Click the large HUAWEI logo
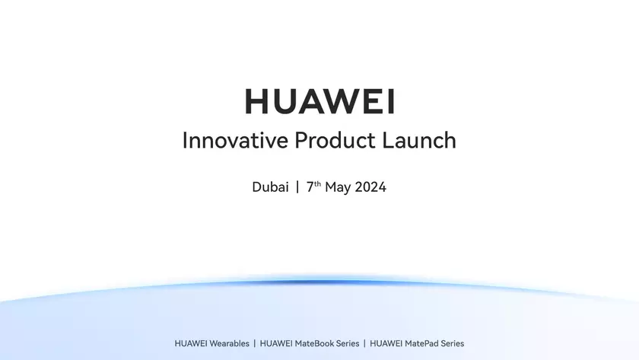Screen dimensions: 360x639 [319, 101]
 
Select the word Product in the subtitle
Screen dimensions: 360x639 [333, 142]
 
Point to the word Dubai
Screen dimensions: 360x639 [270, 187]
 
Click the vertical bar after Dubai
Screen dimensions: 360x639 [297, 187]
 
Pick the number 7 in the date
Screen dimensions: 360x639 [310, 187]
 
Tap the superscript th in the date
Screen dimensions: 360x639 [318, 184]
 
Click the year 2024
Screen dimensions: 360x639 [370, 187]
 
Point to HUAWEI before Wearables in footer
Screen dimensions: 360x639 [190, 344]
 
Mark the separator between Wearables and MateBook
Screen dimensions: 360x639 [255, 344]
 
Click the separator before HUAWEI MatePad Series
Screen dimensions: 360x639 [364, 344]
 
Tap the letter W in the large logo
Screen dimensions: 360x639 [340, 101]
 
